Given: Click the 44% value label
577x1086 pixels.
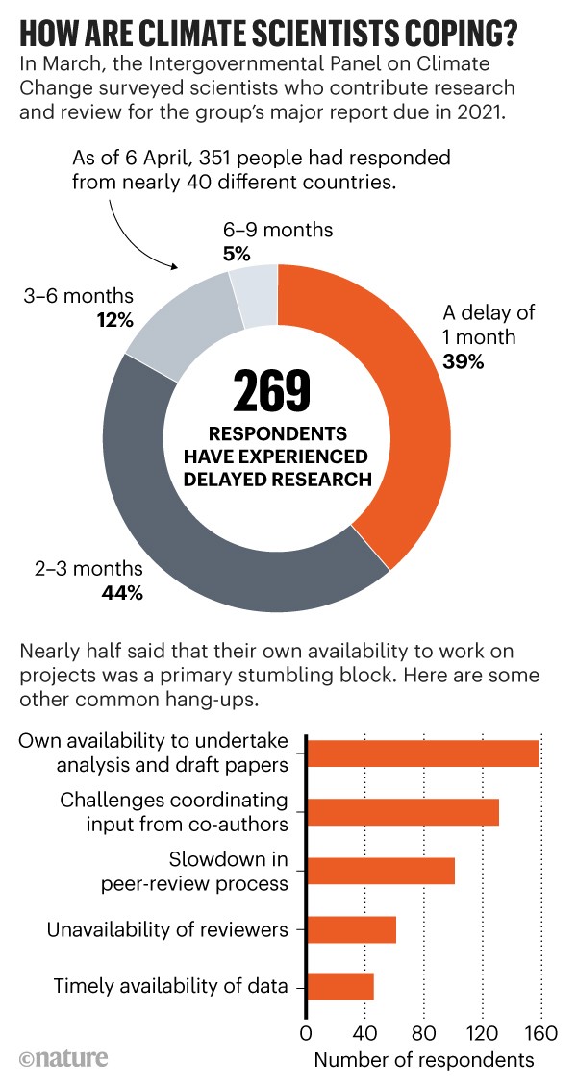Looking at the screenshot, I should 122,593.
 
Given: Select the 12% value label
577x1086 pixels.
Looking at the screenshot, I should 114,319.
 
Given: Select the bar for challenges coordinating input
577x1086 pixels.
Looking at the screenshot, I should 403,812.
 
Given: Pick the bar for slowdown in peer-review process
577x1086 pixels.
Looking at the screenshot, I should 381,871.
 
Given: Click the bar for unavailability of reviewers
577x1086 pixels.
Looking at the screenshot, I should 352,929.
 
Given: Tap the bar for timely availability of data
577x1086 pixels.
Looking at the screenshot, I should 340,987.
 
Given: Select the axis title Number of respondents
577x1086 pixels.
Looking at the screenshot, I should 423,1060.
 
